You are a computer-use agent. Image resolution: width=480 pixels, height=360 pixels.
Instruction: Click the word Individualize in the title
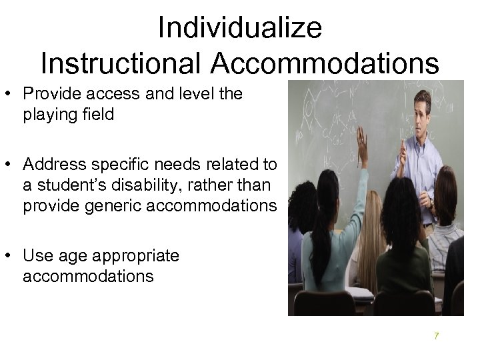point(240,28)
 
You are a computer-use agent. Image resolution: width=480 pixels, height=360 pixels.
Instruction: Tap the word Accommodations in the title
point(326,63)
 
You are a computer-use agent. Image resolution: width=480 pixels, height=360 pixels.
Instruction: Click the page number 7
point(436,336)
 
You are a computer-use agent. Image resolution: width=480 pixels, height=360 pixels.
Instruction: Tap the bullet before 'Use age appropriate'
point(11,255)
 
